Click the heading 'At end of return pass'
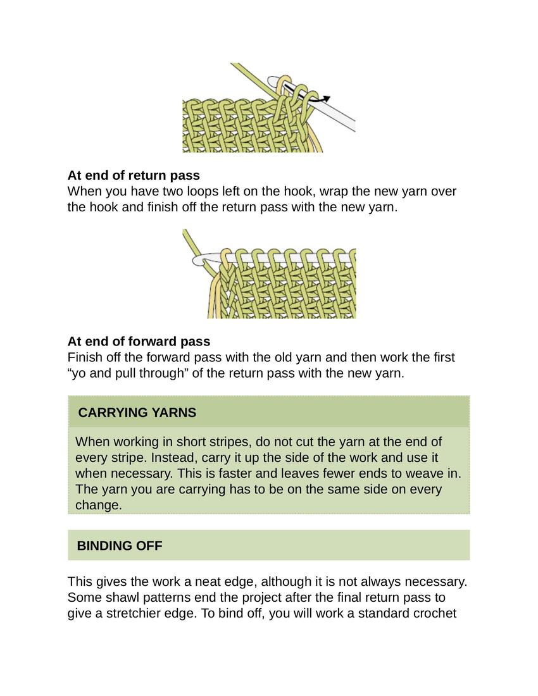(x=134, y=175)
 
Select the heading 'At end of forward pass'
(x=139, y=342)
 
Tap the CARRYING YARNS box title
(x=137, y=413)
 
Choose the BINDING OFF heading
(x=120, y=545)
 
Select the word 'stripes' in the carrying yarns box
(x=197, y=442)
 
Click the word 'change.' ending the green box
(x=98, y=505)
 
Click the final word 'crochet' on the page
(x=434, y=613)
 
